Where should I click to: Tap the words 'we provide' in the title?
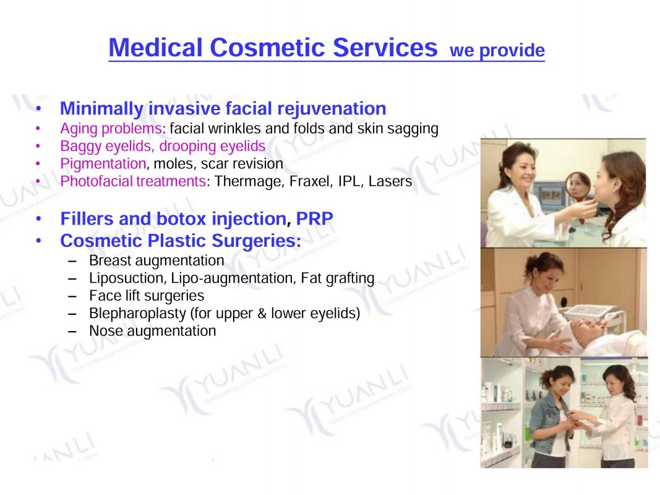497,51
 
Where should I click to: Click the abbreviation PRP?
314,219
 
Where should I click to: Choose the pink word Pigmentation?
103,164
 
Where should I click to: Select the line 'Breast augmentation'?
156,261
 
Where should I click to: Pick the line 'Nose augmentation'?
152,331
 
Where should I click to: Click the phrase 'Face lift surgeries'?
147,296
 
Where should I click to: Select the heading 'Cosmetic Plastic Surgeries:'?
181,241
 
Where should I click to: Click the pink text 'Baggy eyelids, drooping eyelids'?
163,147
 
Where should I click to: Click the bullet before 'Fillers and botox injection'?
39,219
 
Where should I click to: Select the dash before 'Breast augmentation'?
72,261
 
